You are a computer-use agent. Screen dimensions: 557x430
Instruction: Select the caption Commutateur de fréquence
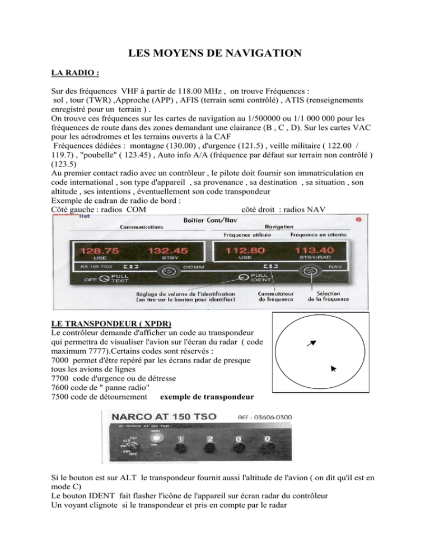[x=273, y=295]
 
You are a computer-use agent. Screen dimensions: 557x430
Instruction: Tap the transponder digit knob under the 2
[x=209, y=447]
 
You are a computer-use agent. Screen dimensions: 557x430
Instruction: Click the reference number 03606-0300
[x=280, y=417]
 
